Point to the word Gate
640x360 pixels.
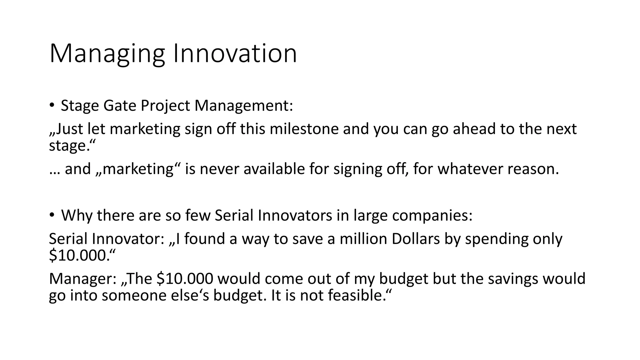click(120, 106)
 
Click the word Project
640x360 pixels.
click(165, 106)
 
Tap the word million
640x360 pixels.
click(363, 239)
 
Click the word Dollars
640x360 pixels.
click(416, 239)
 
